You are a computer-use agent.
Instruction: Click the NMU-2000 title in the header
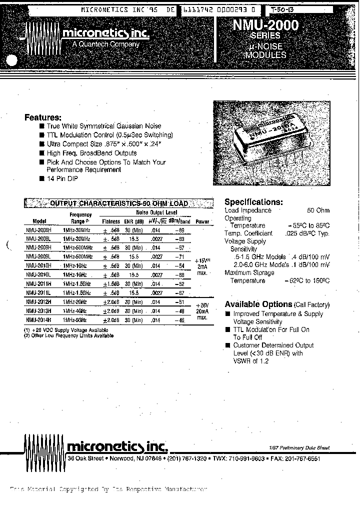(265, 25)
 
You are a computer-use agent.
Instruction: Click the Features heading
(43, 117)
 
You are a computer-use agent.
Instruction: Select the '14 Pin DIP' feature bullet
(62, 178)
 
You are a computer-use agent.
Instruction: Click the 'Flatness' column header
(111, 221)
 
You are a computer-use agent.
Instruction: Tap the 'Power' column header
(201, 221)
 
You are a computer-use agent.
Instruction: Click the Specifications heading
(253, 202)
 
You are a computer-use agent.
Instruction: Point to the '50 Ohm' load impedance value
(318, 210)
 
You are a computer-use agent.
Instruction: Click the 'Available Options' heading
(258, 304)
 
